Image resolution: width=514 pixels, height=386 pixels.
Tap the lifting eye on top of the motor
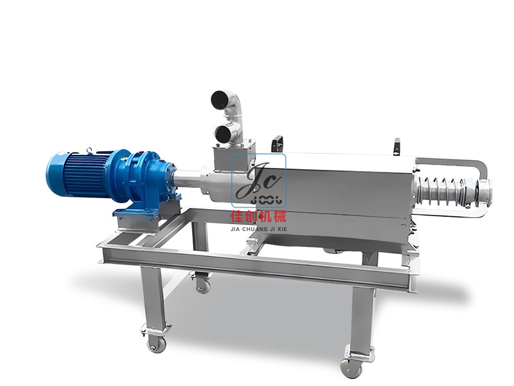pyautogui.click(x=89, y=150)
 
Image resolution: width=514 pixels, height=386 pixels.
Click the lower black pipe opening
pyautogui.click(x=222, y=134)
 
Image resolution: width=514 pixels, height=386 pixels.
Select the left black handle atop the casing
pyautogui.click(x=278, y=144)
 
